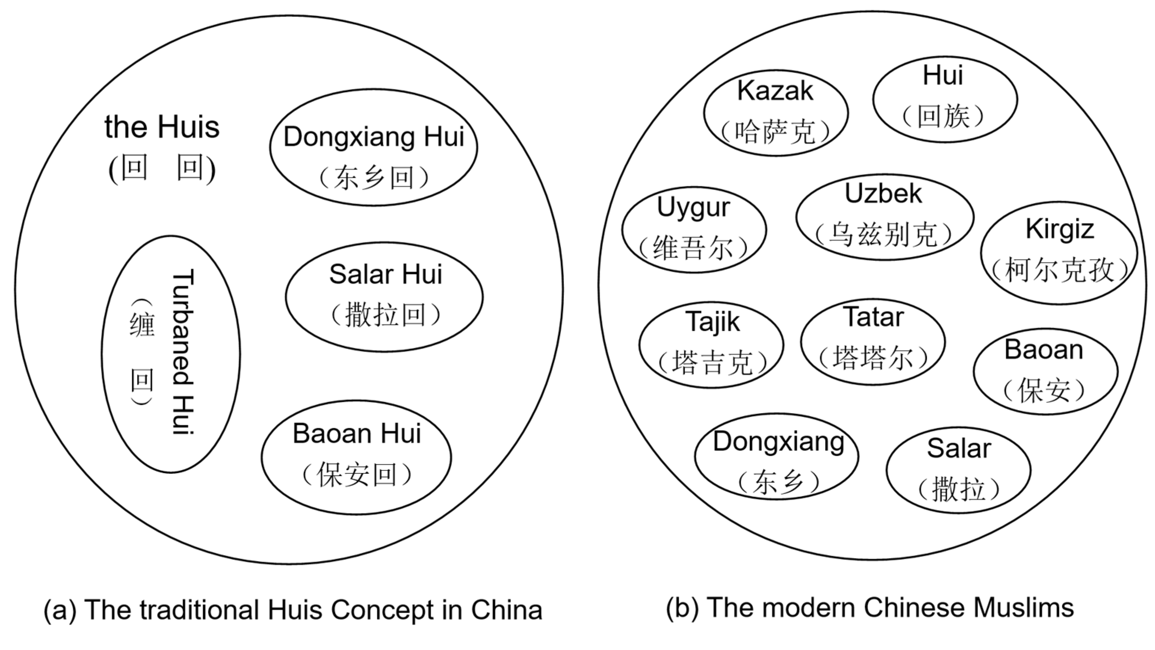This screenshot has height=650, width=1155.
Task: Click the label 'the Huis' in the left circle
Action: [162, 127]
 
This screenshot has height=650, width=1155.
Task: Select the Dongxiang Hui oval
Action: [374, 148]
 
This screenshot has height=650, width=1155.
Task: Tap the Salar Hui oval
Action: [384, 297]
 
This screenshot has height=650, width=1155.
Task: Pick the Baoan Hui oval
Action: [356, 457]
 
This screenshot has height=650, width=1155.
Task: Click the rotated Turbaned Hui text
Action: [183, 352]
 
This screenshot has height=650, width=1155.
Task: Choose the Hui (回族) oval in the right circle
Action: [945, 100]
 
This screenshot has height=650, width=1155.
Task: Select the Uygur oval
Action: [694, 230]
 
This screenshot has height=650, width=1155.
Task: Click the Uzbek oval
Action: [885, 217]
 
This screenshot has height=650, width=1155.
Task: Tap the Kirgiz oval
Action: [1059, 253]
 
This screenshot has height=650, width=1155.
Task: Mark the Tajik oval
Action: [711, 344]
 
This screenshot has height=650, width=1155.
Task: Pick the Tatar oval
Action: [873, 342]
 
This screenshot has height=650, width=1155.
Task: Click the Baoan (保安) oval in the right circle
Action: [1046, 371]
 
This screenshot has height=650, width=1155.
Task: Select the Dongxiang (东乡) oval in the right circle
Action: [777, 456]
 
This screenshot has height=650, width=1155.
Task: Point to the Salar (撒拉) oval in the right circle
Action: [958, 470]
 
